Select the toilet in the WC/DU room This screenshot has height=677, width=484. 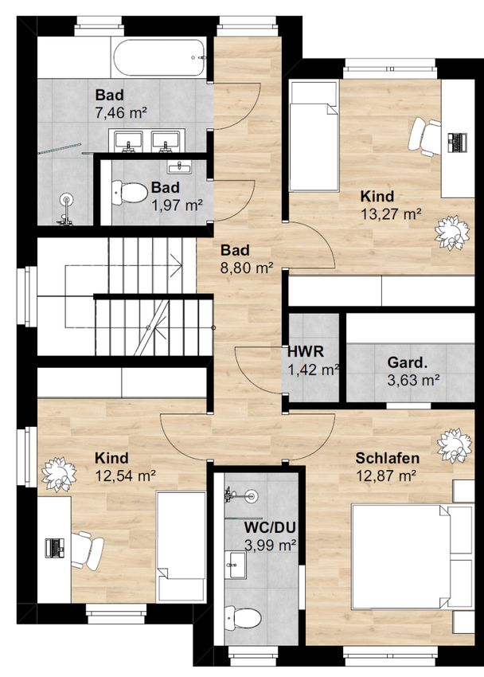(243, 618)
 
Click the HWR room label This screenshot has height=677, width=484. (306, 351)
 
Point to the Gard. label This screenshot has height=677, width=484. (408, 362)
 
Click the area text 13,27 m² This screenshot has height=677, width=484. (391, 213)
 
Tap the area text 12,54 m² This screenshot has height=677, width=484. (126, 475)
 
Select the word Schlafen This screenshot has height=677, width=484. (388, 458)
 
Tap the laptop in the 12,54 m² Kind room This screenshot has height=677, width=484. (55, 547)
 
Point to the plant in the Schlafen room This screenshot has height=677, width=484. (455, 446)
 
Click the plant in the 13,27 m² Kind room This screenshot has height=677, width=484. (451, 233)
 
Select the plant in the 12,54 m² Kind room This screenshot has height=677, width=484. (59, 475)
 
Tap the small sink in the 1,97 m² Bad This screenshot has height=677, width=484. (179, 167)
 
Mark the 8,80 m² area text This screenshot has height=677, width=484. (247, 268)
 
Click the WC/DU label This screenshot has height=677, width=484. (270, 526)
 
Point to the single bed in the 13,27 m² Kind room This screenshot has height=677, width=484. (314, 136)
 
